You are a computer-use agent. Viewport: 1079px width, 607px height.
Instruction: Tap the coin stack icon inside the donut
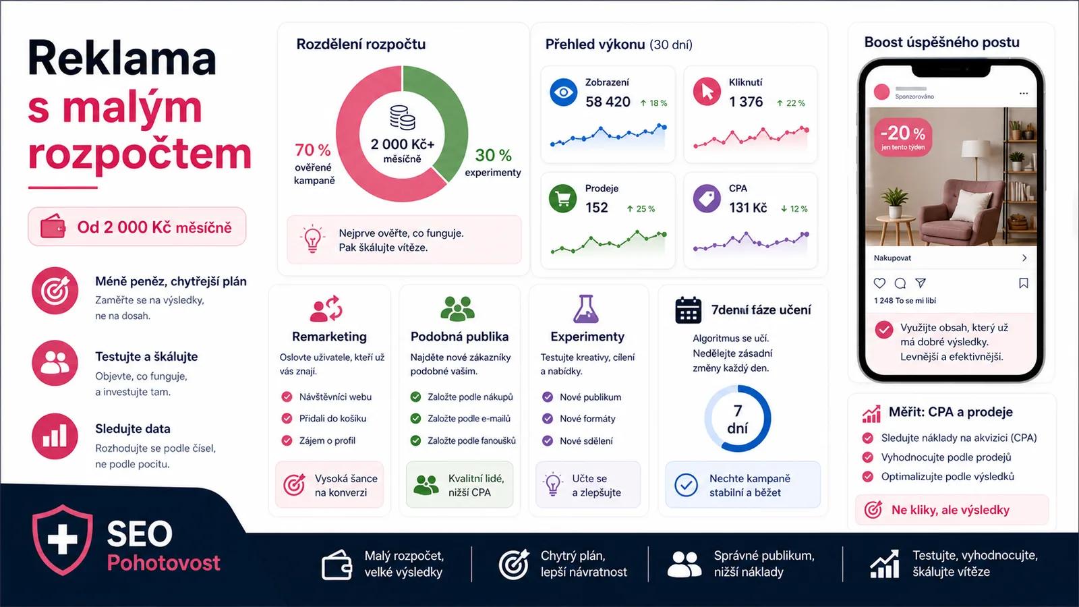(402, 118)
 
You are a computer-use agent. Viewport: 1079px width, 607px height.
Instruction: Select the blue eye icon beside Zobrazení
(563, 92)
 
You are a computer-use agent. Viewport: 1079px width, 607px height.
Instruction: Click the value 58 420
(608, 102)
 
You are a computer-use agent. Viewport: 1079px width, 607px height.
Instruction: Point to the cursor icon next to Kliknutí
(707, 92)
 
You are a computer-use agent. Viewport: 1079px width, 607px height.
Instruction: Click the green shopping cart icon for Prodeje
(562, 198)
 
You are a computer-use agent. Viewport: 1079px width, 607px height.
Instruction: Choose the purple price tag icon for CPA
(707, 198)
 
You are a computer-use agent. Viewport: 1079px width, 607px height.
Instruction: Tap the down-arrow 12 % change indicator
(794, 208)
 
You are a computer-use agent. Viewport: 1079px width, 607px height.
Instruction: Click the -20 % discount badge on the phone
(903, 137)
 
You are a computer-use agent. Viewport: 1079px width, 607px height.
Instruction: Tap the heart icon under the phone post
(879, 283)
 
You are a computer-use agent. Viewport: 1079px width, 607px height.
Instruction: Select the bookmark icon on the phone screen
(1024, 283)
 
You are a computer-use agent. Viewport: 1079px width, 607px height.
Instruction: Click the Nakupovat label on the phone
(893, 258)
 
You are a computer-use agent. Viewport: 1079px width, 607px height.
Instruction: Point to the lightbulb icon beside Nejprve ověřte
(312, 239)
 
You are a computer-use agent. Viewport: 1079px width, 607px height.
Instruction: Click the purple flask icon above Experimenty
(586, 309)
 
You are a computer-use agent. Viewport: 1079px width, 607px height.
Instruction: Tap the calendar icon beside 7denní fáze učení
(688, 310)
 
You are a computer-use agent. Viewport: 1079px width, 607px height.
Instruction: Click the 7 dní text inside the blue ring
(738, 419)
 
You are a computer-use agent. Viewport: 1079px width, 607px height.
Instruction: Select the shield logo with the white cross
(63, 540)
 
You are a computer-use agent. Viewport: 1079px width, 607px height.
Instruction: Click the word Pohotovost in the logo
(164, 562)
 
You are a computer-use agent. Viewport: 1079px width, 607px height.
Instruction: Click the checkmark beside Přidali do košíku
(287, 418)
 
